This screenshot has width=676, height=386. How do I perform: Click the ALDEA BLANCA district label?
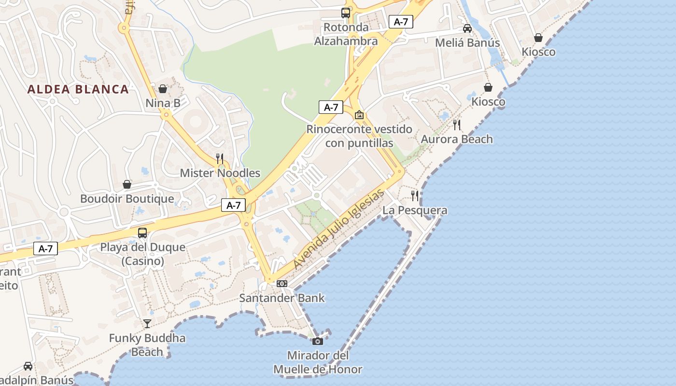click(78, 89)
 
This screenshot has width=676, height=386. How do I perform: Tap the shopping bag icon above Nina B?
click(163, 89)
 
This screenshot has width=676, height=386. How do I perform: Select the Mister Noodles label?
click(220, 173)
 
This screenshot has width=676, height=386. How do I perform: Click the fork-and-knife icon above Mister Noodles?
click(220, 158)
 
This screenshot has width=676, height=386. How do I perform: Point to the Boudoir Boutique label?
click(127, 199)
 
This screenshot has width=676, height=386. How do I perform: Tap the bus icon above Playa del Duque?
click(142, 233)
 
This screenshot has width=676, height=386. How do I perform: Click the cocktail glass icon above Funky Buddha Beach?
click(147, 323)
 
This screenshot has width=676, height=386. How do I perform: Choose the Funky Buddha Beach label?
click(147, 345)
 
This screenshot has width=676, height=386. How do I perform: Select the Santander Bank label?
click(282, 298)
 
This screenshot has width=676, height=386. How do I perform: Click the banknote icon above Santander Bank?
click(282, 284)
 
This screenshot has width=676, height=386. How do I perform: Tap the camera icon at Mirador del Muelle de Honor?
click(318, 342)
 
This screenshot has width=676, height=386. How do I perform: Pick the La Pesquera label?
click(415, 210)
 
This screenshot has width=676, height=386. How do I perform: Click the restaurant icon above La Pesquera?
click(415, 195)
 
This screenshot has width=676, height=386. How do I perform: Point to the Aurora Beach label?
click(457, 139)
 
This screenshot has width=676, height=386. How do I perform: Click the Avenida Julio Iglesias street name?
click(338, 229)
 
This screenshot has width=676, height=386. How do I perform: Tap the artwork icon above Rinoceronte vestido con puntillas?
click(359, 115)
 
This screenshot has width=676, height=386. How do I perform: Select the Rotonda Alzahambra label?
click(346, 34)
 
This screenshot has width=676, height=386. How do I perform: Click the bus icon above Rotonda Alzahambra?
click(346, 13)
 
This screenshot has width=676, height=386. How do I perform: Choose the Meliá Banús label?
click(467, 43)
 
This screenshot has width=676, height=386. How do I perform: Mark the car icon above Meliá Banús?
click(467, 28)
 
